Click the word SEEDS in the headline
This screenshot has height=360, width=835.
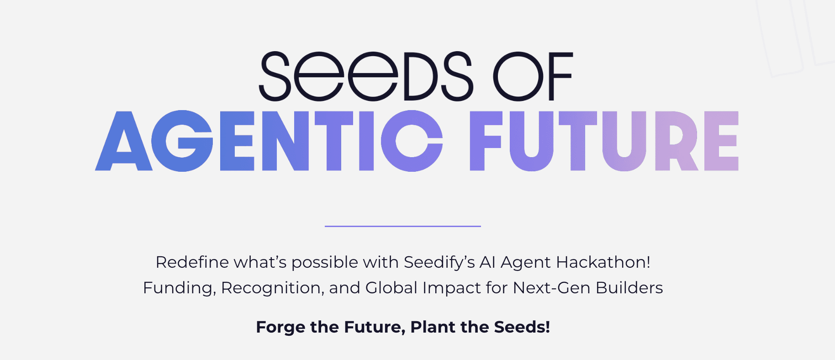[365, 76]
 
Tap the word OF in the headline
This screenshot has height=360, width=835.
[533, 76]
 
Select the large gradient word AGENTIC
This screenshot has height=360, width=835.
[269, 141]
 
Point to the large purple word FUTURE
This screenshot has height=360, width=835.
[604, 141]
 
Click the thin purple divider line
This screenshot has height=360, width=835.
[402, 226]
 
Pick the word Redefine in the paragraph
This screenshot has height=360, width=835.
[192, 263]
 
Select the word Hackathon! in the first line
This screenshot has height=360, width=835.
[603, 262]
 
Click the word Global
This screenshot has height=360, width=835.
[391, 288]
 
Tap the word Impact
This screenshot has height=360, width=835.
[452, 288]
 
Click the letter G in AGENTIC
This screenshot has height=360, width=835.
[182, 141]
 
